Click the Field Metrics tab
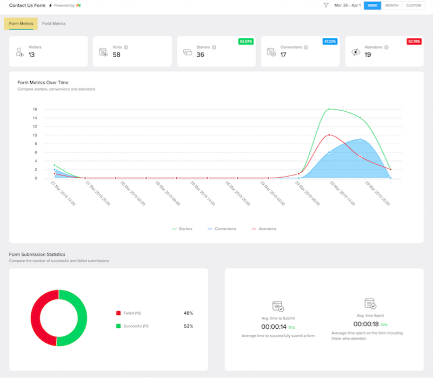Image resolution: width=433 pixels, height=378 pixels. (x=54, y=24)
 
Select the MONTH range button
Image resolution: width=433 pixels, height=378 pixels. (x=391, y=5)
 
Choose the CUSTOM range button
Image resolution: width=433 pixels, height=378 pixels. (x=414, y=5)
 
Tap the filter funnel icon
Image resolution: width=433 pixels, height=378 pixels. (x=326, y=5)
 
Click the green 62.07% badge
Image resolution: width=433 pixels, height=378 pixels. (x=246, y=42)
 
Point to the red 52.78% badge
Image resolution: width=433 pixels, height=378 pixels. (x=414, y=42)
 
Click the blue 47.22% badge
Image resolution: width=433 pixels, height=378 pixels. (x=330, y=42)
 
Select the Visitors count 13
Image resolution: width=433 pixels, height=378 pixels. (x=31, y=55)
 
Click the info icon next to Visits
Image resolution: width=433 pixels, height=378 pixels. (x=126, y=47)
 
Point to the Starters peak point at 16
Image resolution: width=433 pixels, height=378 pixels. (x=329, y=109)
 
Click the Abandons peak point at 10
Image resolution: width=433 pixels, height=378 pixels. (x=329, y=135)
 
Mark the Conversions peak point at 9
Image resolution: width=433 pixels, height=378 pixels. (x=360, y=139)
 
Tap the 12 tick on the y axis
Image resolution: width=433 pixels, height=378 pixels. (x=35, y=126)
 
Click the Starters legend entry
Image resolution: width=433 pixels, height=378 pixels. (x=182, y=229)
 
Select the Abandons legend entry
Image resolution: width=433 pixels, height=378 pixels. (x=264, y=229)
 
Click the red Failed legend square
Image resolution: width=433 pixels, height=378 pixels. (x=118, y=313)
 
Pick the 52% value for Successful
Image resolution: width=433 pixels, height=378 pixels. (x=188, y=326)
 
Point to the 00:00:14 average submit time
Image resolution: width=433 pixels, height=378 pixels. (x=274, y=327)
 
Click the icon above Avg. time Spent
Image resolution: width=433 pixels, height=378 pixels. (x=370, y=304)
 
